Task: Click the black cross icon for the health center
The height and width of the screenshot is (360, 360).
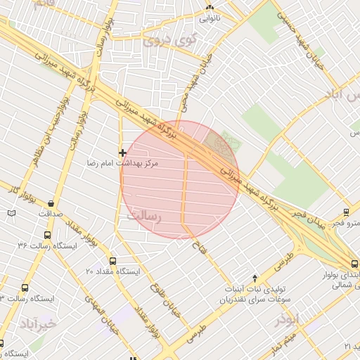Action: pyautogui.click(x=123, y=152)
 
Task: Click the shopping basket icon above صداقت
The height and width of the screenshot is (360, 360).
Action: pyautogui.click(x=51, y=201)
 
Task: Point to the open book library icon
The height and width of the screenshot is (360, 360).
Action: pyautogui.click(x=11, y=212)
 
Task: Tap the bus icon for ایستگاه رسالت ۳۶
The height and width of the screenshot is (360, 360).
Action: pyautogui.click(x=47, y=236)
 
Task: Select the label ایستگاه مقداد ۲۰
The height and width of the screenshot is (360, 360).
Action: pyautogui.click(x=113, y=271)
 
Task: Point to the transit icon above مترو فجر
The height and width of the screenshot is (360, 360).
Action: pyautogui.click(x=346, y=212)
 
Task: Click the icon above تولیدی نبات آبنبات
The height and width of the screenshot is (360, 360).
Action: pyautogui.click(x=255, y=278)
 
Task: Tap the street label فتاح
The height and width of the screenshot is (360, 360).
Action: pyautogui.click(x=198, y=245)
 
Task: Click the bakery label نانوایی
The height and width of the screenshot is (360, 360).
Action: pyautogui.click(x=210, y=18)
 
